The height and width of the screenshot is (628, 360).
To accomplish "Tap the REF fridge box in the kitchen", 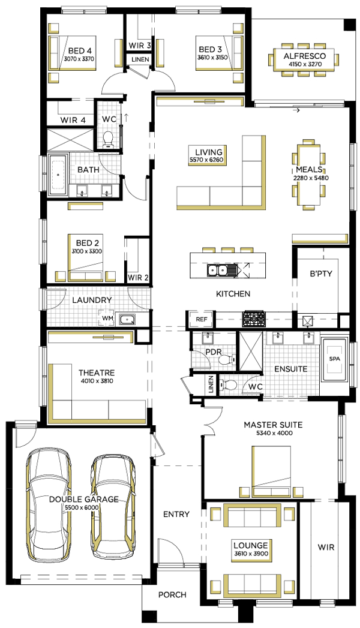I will (201, 320).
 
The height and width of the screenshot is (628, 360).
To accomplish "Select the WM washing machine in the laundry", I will (108, 318).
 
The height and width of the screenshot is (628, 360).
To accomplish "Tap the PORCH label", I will (172, 595).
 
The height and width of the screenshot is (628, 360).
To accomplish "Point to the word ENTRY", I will (176, 514).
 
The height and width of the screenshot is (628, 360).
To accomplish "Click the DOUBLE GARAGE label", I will (83, 499).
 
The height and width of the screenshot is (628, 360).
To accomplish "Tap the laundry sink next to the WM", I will (127, 320).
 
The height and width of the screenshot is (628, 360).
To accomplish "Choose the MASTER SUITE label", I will (272, 425).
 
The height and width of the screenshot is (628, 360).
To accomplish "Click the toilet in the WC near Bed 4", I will (109, 139).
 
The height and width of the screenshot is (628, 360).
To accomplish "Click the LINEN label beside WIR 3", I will (139, 59).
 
